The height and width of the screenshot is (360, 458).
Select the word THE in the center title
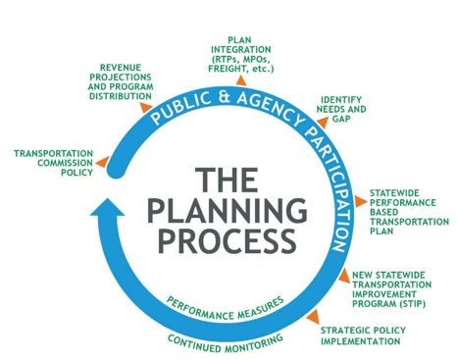[226, 180]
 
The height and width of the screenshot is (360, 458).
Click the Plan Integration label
[242, 50]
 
